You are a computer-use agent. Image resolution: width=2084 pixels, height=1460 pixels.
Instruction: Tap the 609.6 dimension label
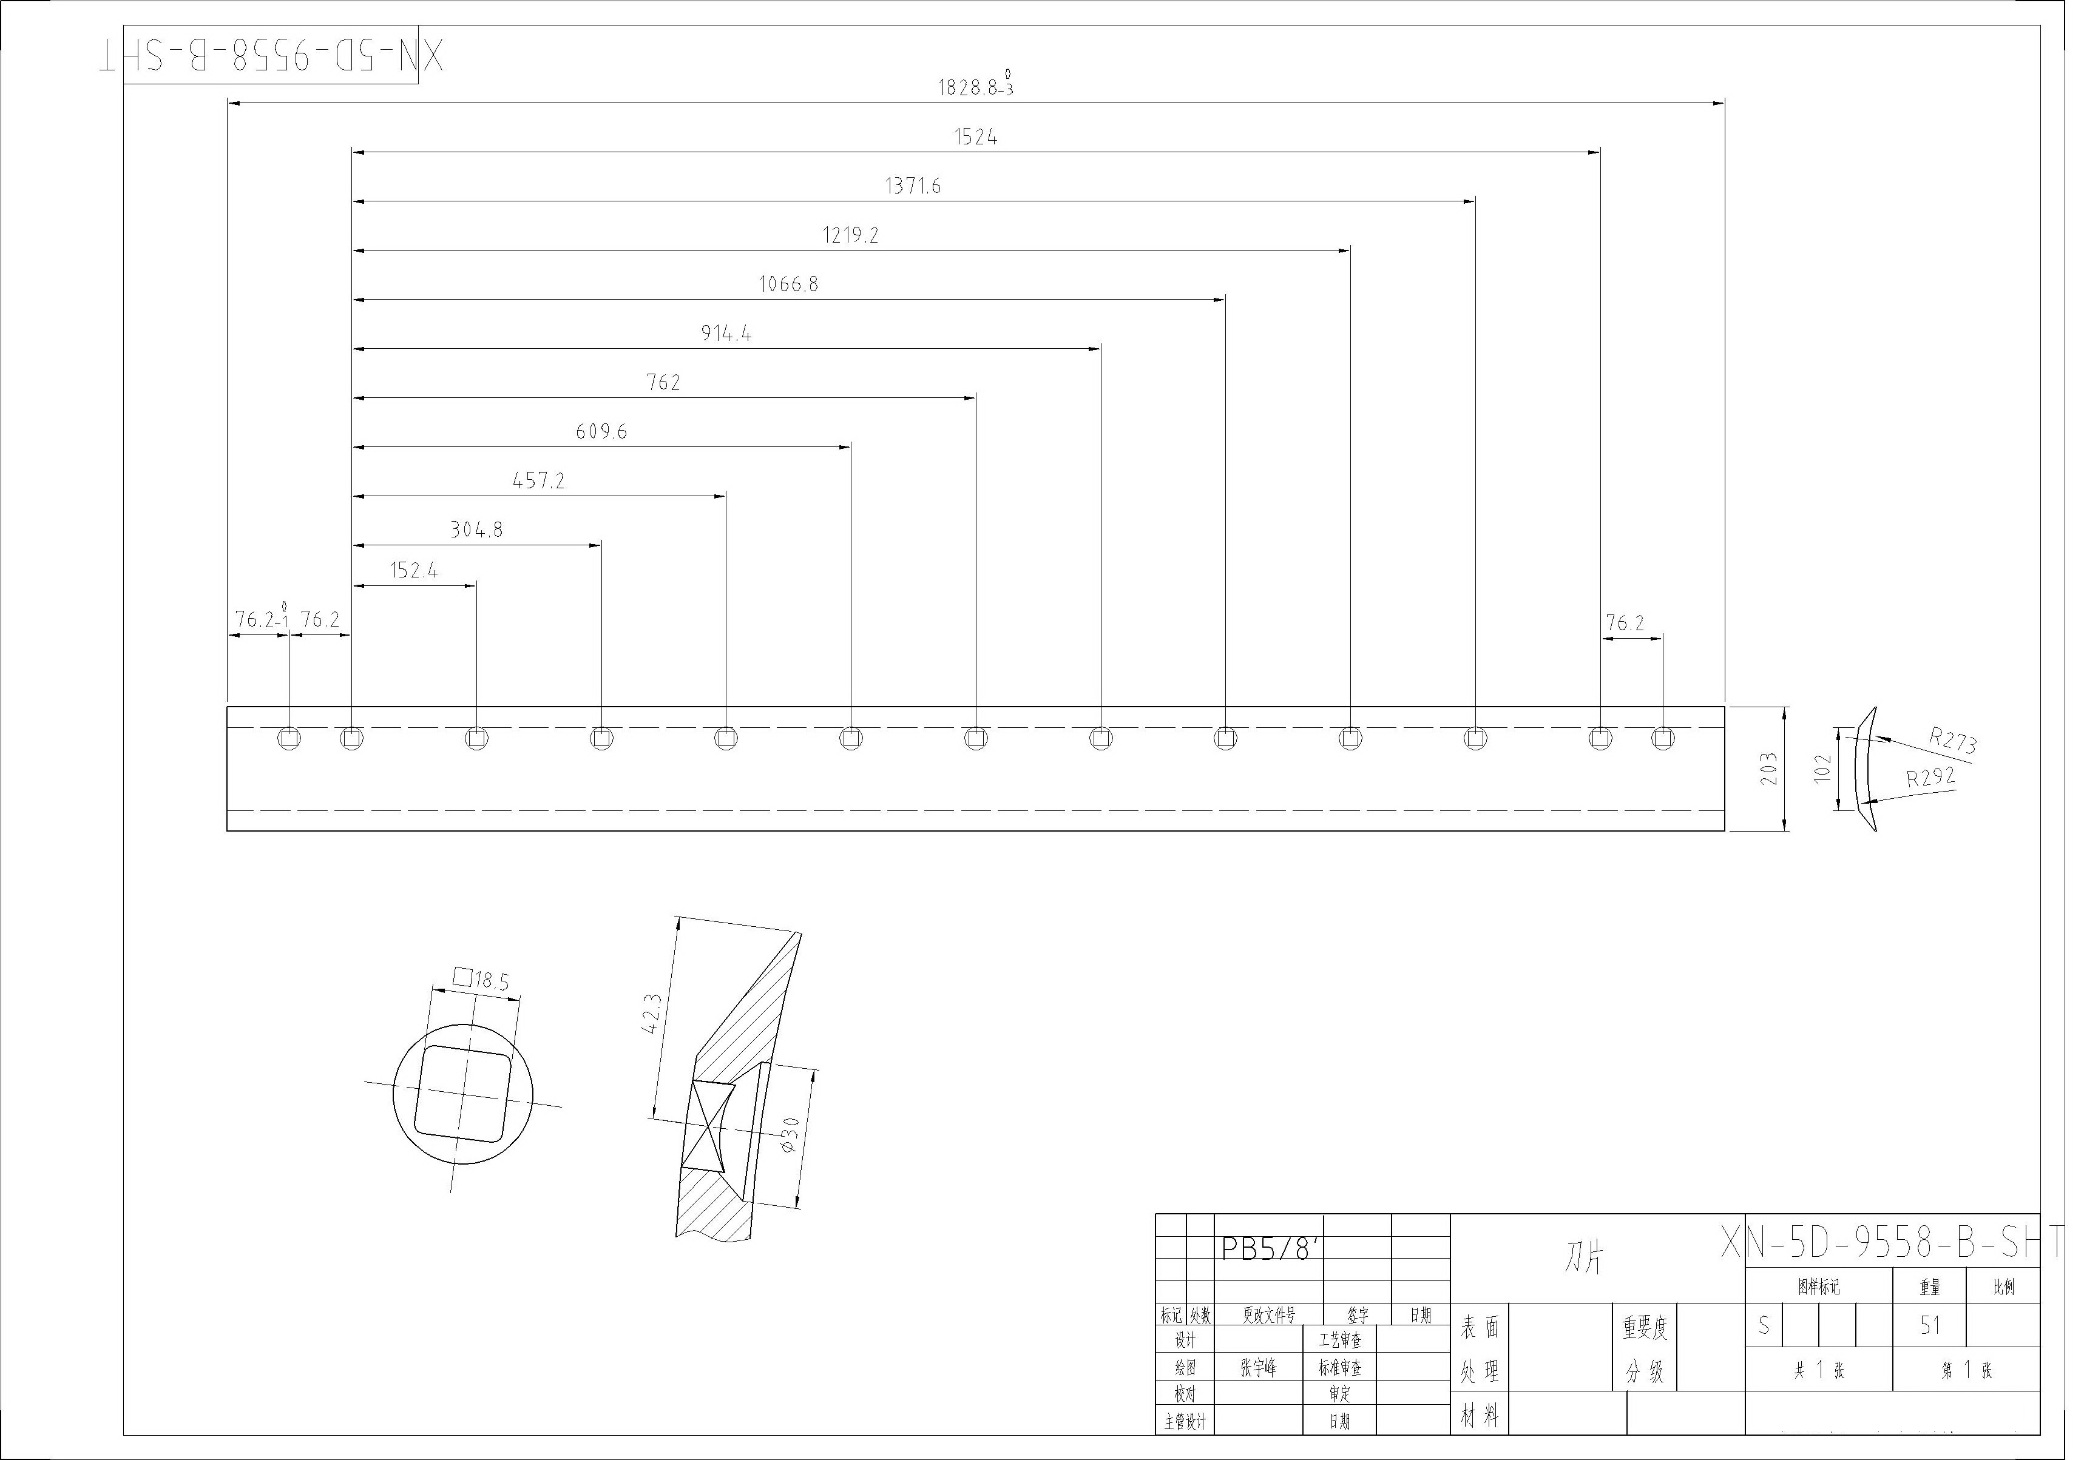[601, 432]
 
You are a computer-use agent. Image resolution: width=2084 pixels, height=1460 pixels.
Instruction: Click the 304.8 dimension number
[476, 530]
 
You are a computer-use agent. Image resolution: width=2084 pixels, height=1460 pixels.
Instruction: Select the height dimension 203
[1769, 769]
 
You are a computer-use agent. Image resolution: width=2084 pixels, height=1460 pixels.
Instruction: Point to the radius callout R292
[1930, 777]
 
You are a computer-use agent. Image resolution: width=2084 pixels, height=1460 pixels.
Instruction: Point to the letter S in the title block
[1764, 1326]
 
